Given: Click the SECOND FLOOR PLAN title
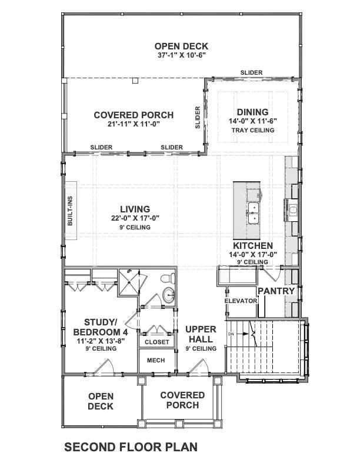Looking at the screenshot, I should [131, 447].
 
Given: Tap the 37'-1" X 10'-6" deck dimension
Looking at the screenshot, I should [181, 55].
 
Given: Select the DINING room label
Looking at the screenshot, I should [252, 112].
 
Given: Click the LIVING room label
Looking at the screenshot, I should [135, 209].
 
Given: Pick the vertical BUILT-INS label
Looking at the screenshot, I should [70, 211].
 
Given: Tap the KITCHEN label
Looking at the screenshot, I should [252, 245].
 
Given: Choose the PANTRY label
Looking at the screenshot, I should [275, 291].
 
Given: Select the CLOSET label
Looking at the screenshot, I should [157, 342].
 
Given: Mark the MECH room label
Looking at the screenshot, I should [156, 361].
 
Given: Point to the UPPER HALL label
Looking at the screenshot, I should [201, 334].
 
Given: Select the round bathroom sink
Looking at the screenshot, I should [169, 295].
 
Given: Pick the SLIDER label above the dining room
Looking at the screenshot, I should [251, 73].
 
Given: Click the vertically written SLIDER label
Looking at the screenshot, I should [198, 118].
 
